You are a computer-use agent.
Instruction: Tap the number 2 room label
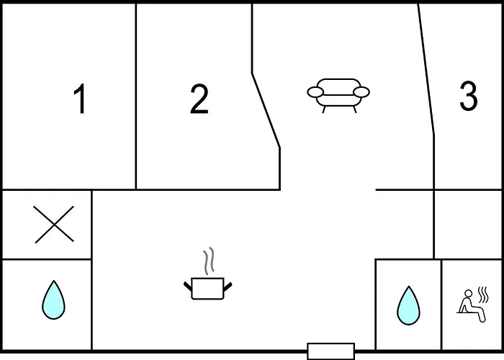point(199,99)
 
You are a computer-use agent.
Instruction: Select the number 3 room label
point(468,96)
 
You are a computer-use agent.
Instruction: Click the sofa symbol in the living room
point(338,96)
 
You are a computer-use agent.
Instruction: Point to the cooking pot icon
point(207,289)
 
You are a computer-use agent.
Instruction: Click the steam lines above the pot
point(209,261)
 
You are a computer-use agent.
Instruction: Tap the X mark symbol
point(54,225)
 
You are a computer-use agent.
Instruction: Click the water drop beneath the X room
point(54,300)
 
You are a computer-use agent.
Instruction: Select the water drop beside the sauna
point(408,305)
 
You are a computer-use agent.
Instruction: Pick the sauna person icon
point(472,304)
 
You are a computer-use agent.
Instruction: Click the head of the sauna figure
point(469,294)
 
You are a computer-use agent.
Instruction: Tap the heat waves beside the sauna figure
point(483,294)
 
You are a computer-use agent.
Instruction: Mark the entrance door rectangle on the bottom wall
point(330,351)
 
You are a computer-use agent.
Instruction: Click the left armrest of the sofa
point(315,92)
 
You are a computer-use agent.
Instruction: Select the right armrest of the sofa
point(361,92)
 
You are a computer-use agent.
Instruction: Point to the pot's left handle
point(188,287)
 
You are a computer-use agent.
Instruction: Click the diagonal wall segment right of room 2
point(266,111)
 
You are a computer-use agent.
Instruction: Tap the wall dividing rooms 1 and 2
point(136,96)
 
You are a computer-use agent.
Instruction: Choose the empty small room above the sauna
point(468,225)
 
